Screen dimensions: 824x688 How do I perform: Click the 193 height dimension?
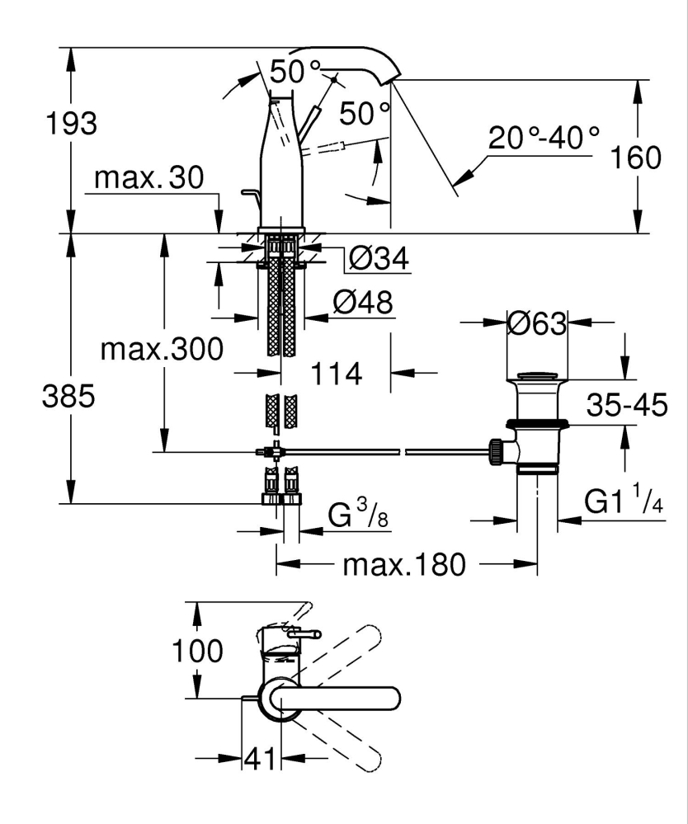73,124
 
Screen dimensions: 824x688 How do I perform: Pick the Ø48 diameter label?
362,303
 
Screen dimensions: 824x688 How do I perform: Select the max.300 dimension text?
161,350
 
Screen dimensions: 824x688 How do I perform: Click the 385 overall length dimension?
70,397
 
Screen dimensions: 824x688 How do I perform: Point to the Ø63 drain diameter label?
536,323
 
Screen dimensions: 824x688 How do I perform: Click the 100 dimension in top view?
197,651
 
